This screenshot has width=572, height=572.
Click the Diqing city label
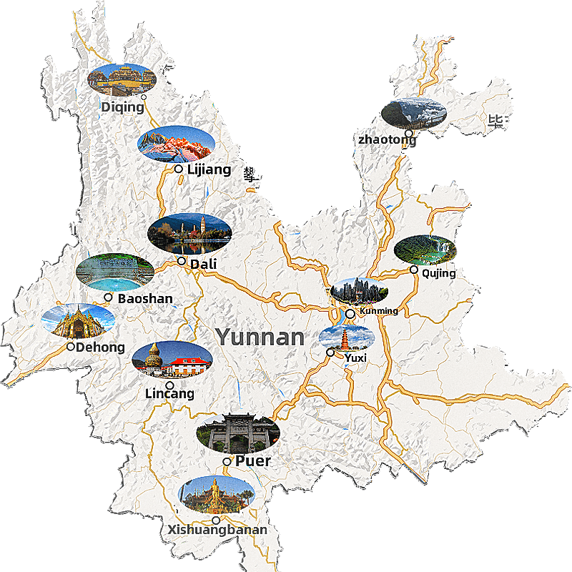(x=122, y=107)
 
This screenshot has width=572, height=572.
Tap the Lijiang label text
(x=209, y=169)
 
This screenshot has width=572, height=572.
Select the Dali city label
(x=203, y=265)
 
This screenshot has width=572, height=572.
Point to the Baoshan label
(x=145, y=298)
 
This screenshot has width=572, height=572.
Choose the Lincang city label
(x=169, y=394)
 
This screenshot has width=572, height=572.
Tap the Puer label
(x=253, y=461)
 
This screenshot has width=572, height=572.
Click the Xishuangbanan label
(x=217, y=530)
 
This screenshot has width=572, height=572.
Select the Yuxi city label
(x=355, y=357)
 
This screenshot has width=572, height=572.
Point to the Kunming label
(x=379, y=311)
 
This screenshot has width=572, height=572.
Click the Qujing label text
(x=438, y=273)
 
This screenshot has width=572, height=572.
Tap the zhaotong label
(x=386, y=139)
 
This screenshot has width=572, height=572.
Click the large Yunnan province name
(x=260, y=337)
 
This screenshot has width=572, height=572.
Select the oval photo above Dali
(x=189, y=233)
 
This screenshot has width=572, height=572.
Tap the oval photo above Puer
(x=238, y=433)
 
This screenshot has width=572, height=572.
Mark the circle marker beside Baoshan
(x=108, y=297)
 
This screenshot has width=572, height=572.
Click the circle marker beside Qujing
(x=414, y=270)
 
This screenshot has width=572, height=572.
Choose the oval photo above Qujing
(x=425, y=250)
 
